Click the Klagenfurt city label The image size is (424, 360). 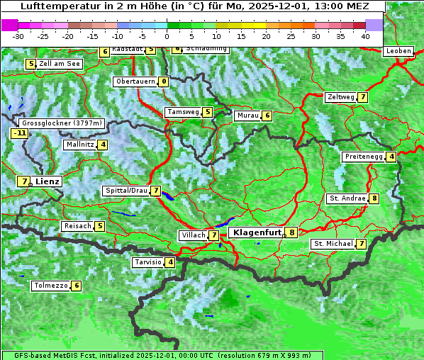(x=255, y=232)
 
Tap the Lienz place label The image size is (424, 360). (x=48, y=181)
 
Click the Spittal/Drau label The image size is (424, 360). (x=125, y=191)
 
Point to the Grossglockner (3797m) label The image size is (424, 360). (x=62, y=123)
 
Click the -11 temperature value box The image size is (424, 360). (x=19, y=133)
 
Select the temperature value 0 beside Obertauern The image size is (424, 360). (x=164, y=81)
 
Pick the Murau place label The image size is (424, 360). (x=247, y=116)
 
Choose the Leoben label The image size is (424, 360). (x=398, y=51)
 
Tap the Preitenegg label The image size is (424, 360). (x=364, y=157)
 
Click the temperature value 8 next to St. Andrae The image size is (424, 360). (x=374, y=198)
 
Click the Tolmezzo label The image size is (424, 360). (x=50, y=286)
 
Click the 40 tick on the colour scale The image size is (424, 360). (x=365, y=35)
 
